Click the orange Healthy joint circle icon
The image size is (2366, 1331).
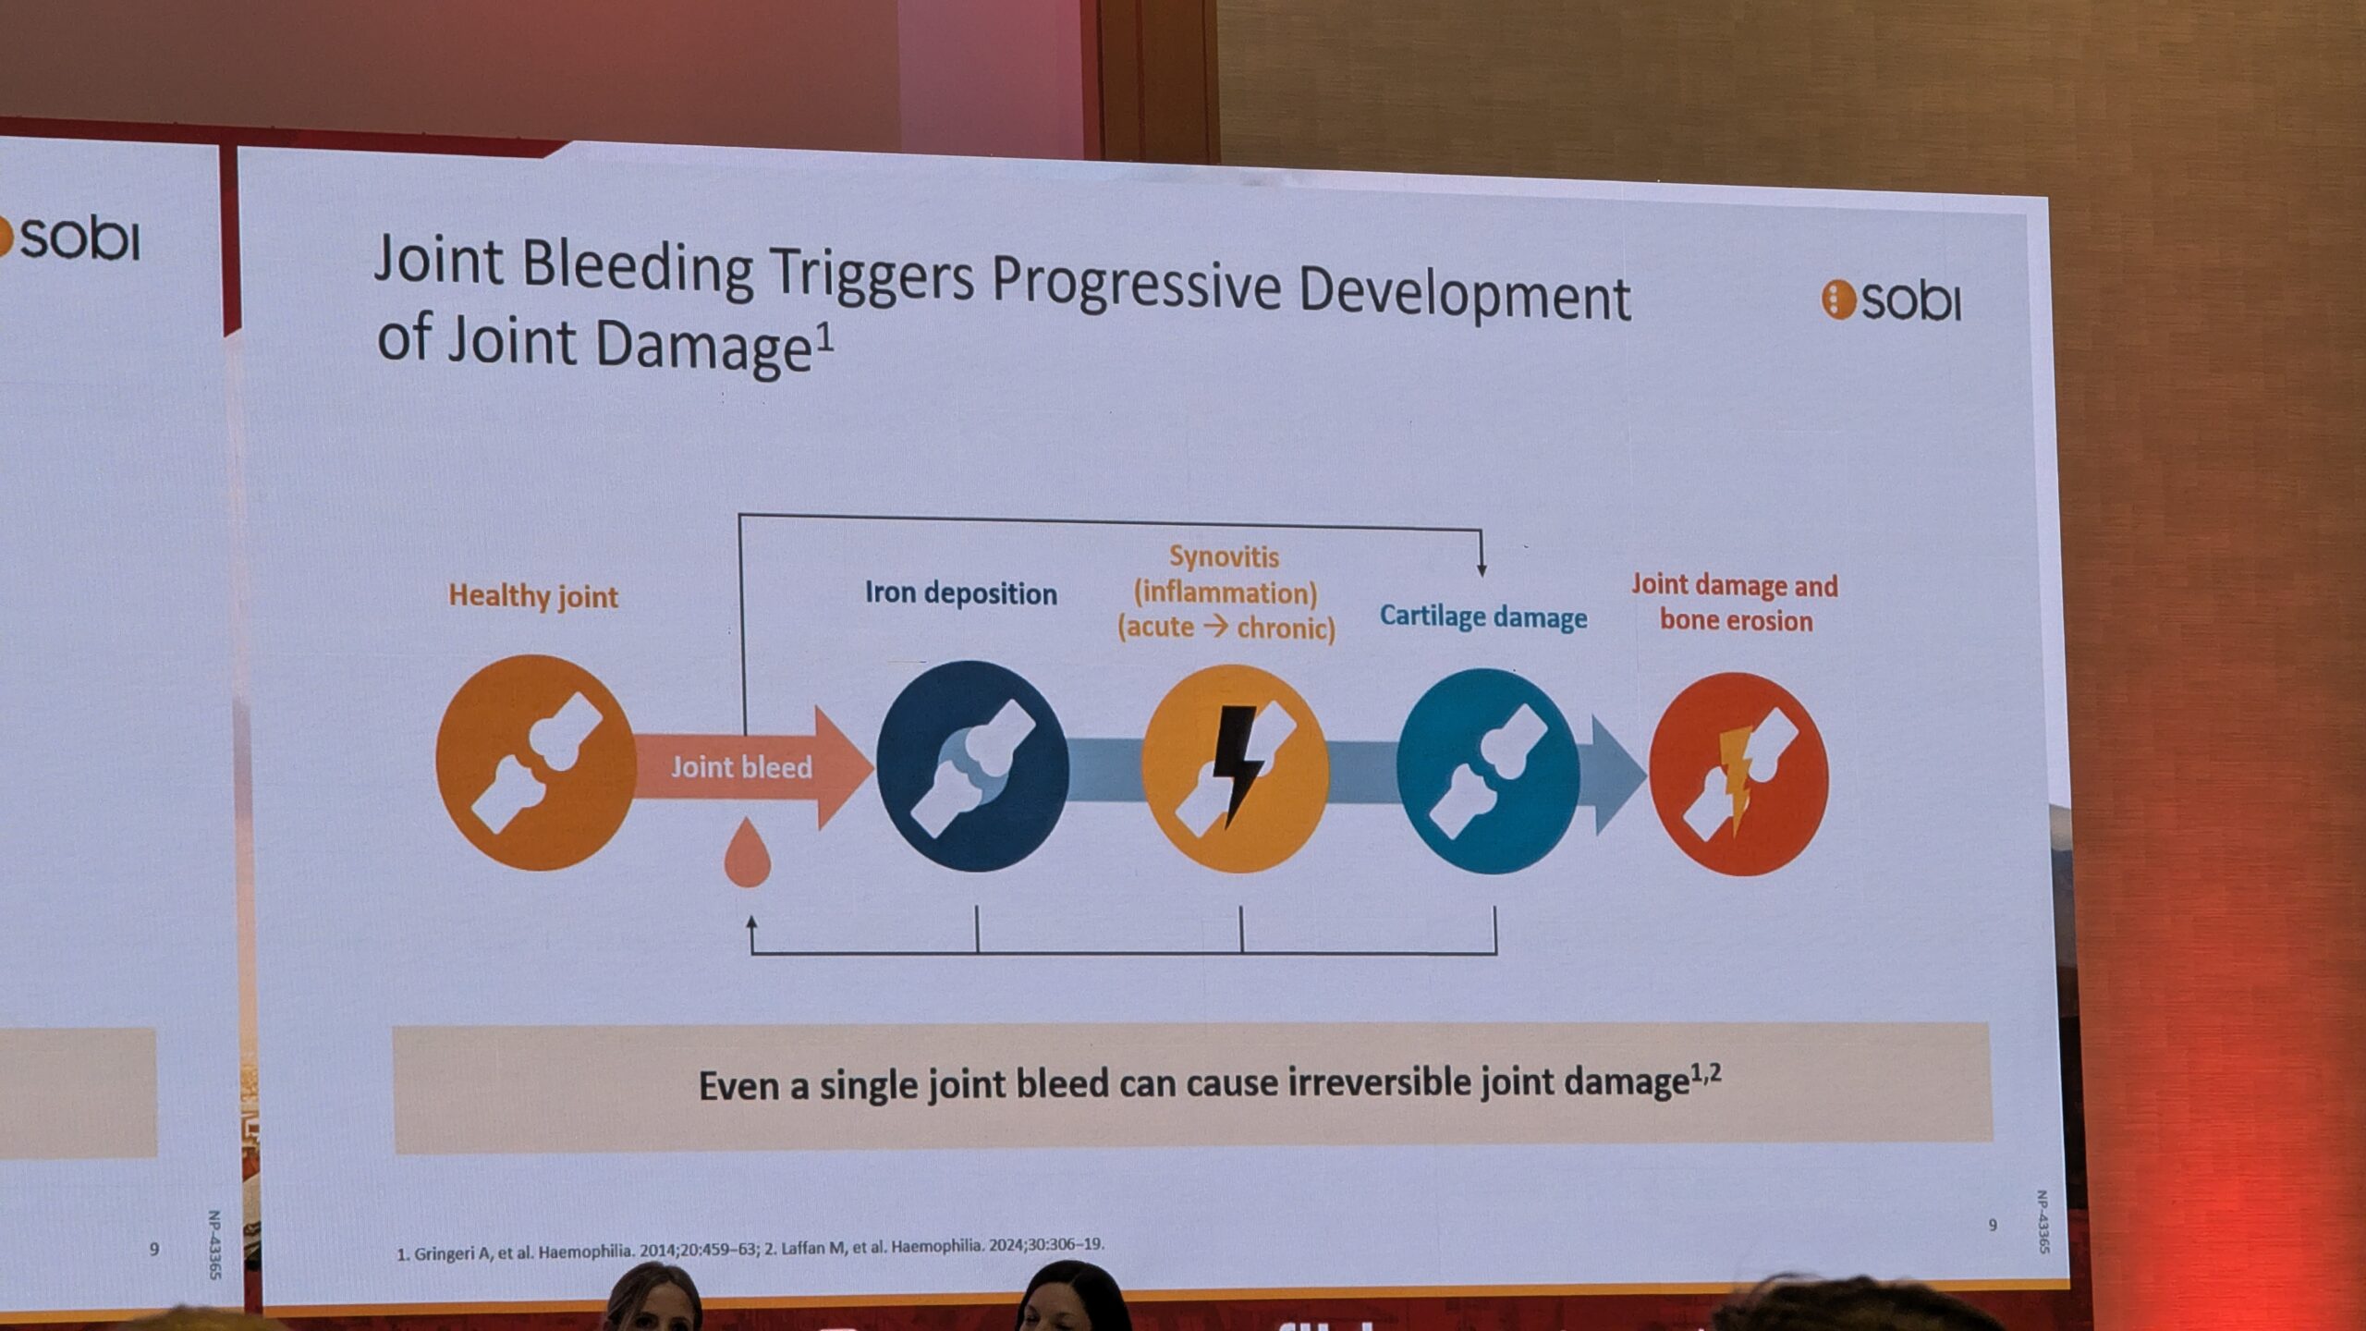pyautogui.click(x=535, y=763)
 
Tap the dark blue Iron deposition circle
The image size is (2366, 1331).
pyautogui.click(x=972, y=766)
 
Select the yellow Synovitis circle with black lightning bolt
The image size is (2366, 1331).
pyautogui.click(x=1236, y=769)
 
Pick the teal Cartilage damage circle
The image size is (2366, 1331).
pyautogui.click(x=1488, y=772)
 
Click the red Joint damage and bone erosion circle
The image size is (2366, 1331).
pyautogui.click(x=1738, y=775)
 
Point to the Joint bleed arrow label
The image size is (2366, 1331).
pyautogui.click(x=741, y=767)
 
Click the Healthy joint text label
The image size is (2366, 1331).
pyautogui.click(x=533, y=596)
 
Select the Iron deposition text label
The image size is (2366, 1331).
pyautogui.click(x=961, y=593)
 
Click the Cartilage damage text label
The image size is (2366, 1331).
pyautogui.click(x=1483, y=617)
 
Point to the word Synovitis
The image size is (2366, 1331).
pyautogui.click(x=1225, y=556)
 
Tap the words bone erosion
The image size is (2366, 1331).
pyautogui.click(x=1736, y=620)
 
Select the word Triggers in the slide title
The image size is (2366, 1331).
pyautogui.click(x=872, y=274)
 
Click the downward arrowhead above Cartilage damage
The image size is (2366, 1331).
pyautogui.click(x=1482, y=568)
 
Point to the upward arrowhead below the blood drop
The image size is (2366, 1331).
pyautogui.click(x=751, y=922)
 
